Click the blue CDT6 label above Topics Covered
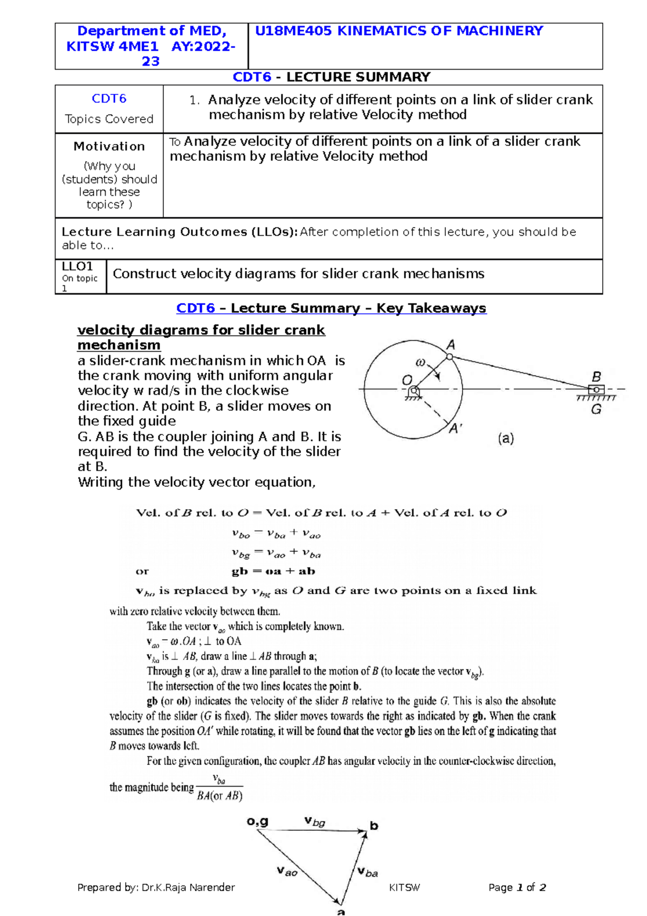(x=109, y=99)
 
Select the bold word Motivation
(x=109, y=146)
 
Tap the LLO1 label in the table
(x=77, y=266)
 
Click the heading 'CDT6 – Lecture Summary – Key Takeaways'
(x=331, y=308)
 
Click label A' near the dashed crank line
(x=456, y=429)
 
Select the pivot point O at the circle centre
(x=414, y=390)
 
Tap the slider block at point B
(x=596, y=389)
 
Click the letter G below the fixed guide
(x=596, y=410)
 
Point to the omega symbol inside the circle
(x=421, y=363)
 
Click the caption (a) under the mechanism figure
(x=505, y=439)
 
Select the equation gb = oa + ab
(x=273, y=571)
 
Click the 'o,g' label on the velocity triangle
(x=258, y=822)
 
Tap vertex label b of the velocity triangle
(x=374, y=826)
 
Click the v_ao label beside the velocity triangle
(x=287, y=871)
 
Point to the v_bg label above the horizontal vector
(x=314, y=822)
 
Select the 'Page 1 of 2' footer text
(x=517, y=887)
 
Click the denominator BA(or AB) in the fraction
(x=219, y=796)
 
